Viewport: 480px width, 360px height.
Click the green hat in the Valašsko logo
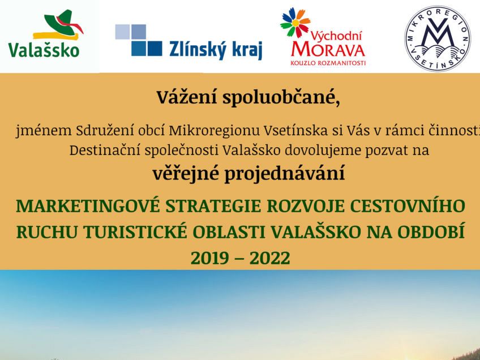(x=61, y=24)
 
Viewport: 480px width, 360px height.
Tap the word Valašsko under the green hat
(x=44, y=50)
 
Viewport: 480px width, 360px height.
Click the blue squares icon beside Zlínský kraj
(x=138, y=40)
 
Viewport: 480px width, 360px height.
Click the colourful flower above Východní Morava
(x=295, y=23)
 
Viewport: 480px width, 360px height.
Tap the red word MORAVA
(x=328, y=50)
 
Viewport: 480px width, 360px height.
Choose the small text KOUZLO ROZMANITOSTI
(x=328, y=63)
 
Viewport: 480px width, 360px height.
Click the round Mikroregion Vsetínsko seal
(x=438, y=38)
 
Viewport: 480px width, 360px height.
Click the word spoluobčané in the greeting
(x=281, y=98)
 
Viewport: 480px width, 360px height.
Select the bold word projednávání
(x=285, y=174)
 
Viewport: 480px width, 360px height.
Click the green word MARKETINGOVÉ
(x=88, y=206)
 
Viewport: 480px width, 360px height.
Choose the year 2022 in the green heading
(x=269, y=258)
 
